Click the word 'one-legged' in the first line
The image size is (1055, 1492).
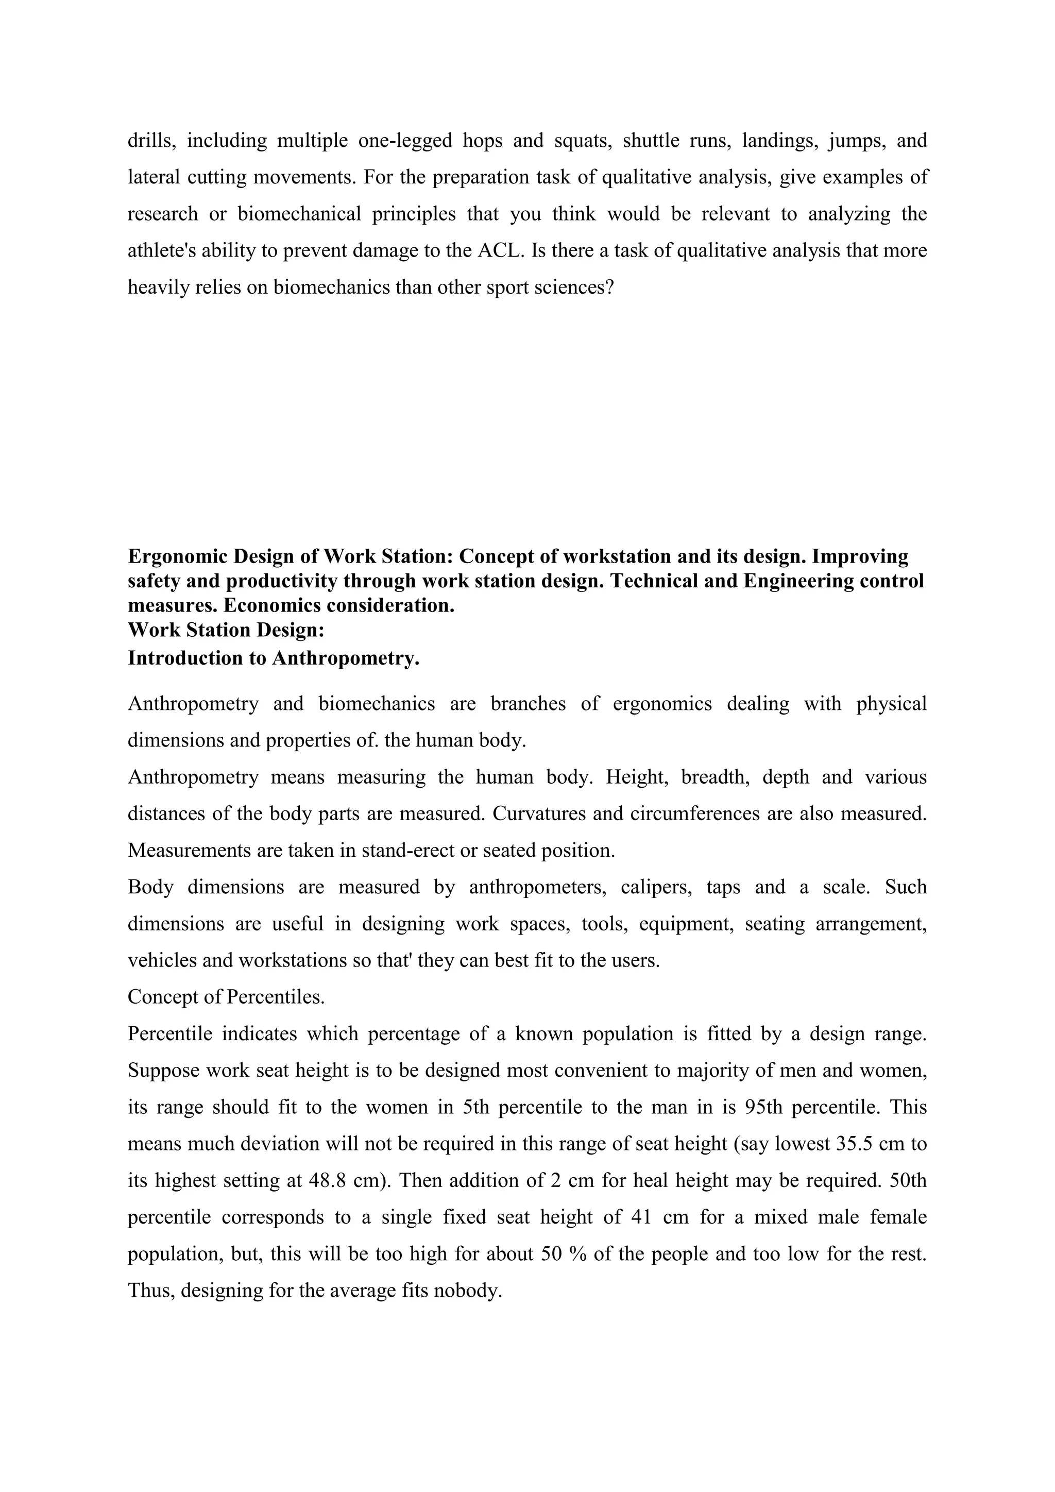tap(405, 140)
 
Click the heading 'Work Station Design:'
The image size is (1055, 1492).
tap(226, 630)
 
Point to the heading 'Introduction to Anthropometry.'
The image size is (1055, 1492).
tap(274, 658)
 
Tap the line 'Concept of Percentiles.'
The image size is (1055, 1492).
tap(226, 997)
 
